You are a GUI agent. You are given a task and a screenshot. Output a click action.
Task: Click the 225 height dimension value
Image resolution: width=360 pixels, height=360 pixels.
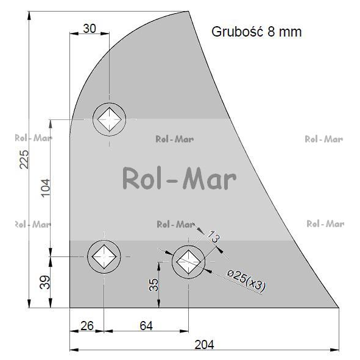pyautogui.click(x=24, y=160)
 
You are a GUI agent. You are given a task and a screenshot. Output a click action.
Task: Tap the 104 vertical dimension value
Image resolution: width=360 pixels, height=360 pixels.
pyautogui.click(x=46, y=188)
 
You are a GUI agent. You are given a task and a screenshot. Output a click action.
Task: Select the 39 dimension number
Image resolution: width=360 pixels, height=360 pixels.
pyautogui.click(x=44, y=282)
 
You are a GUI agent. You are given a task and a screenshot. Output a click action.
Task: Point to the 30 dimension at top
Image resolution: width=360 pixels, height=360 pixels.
pyautogui.click(x=90, y=29)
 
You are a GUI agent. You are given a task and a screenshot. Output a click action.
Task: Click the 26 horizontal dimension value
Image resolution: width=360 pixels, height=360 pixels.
pyautogui.click(x=87, y=326)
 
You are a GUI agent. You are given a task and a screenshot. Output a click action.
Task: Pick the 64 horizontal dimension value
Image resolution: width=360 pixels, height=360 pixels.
pyautogui.click(x=146, y=326)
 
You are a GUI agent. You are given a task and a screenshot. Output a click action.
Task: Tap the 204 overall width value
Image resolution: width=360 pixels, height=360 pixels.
pyautogui.click(x=204, y=345)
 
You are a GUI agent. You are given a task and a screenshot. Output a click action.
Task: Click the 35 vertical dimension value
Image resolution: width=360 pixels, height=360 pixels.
pyautogui.click(x=154, y=285)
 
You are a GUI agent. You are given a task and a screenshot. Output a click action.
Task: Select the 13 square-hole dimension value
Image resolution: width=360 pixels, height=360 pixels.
pyautogui.click(x=214, y=237)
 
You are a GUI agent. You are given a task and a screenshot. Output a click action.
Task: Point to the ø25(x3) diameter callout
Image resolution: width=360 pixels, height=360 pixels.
pyautogui.click(x=246, y=281)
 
